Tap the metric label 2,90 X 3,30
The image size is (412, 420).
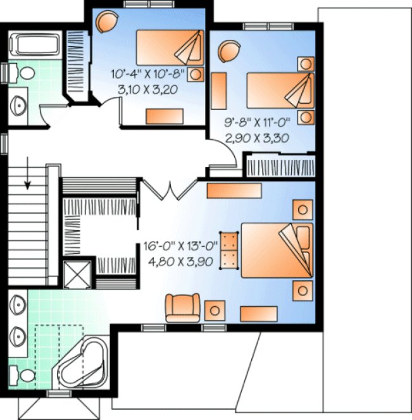tap(256, 138)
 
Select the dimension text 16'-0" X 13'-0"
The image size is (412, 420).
tap(181, 242)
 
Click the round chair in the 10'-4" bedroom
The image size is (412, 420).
tap(107, 23)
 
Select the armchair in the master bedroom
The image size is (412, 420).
tap(182, 308)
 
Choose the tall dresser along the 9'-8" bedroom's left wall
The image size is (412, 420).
tap(219, 92)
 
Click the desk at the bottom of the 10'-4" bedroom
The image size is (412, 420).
tap(165, 115)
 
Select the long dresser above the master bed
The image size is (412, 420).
tap(226, 190)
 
